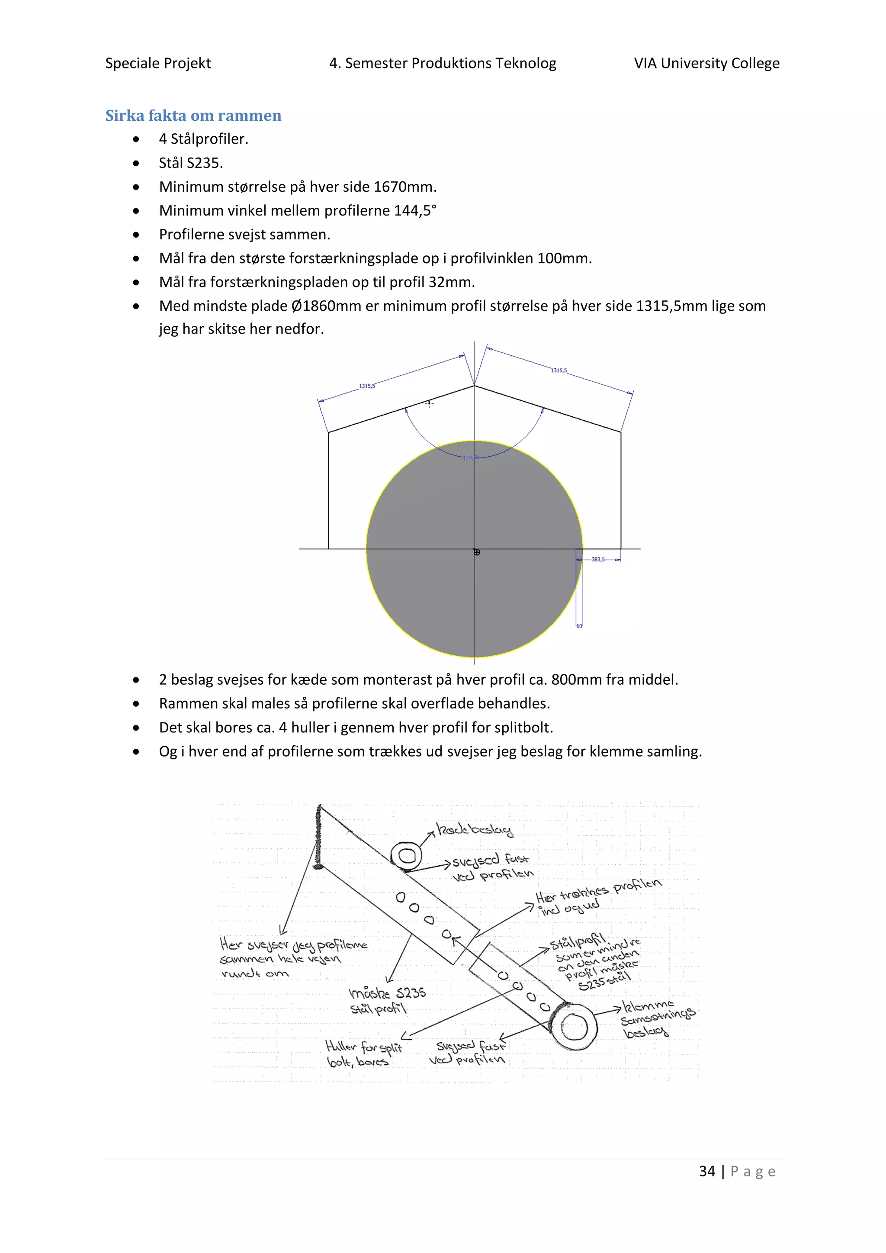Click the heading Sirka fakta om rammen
tap(193, 116)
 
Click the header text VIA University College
tap(706, 63)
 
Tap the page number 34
tap(707, 1171)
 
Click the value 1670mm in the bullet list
tap(404, 187)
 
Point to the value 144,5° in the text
tap(415, 211)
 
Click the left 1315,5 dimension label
tap(366, 386)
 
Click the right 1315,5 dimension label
tap(559, 370)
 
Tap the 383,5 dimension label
tap(598, 559)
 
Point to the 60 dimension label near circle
tap(579, 626)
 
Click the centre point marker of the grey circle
tap(477, 552)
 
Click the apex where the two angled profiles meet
tap(474, 386)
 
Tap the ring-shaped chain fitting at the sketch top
tap(406, 856)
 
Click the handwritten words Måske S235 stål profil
tap(386, 1000)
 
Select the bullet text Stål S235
tap(191, 163)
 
